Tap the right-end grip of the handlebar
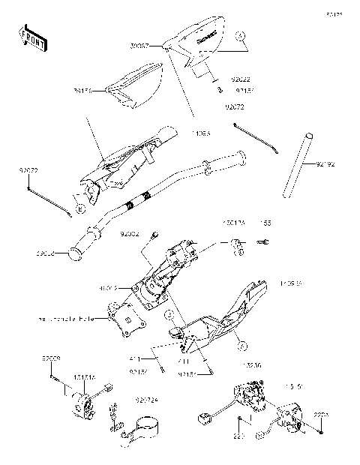[x=241, y=157]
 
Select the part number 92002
[x=130, y=234]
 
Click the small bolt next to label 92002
[x=154, y=236]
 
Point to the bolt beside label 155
[x=264, y=242]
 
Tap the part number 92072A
[x=145, y=400]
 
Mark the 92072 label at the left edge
[x=28, y=170]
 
